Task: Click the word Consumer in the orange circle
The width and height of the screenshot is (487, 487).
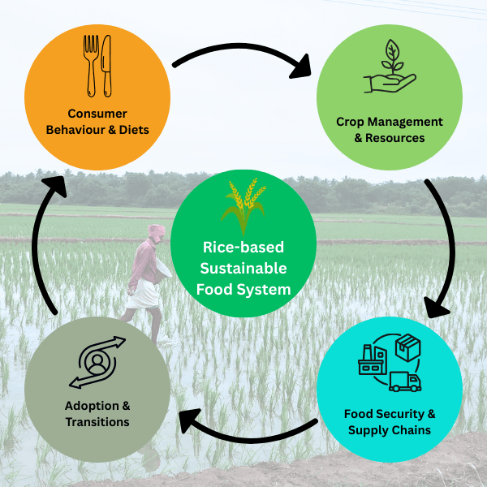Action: tap(97, 114)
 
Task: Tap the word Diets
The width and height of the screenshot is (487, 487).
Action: tap(132, 130)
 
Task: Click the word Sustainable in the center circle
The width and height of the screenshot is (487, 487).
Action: tap(243, 268)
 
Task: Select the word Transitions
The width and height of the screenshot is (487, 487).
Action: tap(97, 421)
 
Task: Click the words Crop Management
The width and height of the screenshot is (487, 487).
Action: tap(390, 122)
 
